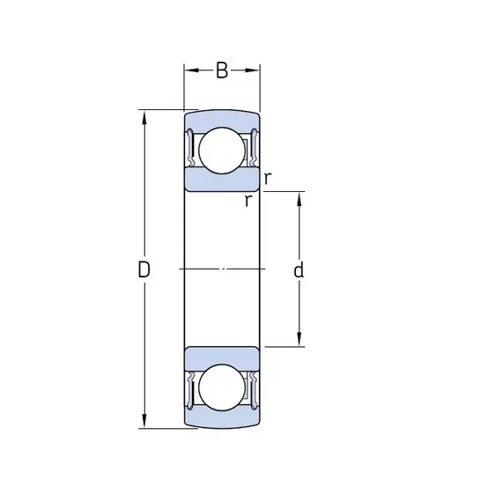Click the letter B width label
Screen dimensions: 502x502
click(x=222, y=70)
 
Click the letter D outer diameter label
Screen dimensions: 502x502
click(x=144, y=269)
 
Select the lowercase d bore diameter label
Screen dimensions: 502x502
click(x=299, y=269)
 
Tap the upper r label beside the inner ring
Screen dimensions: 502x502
click(x=268, y=178)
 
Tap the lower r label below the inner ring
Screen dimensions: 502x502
click(x=248, y=201)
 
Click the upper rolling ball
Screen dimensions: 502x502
click(x=222, y=151)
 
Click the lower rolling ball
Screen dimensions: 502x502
click(x=222, y=388)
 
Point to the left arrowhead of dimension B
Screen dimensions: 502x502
click(x=191, y=70)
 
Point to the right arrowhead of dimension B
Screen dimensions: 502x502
click(x=252, y=70)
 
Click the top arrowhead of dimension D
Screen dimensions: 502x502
click(x=144, y=118)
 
